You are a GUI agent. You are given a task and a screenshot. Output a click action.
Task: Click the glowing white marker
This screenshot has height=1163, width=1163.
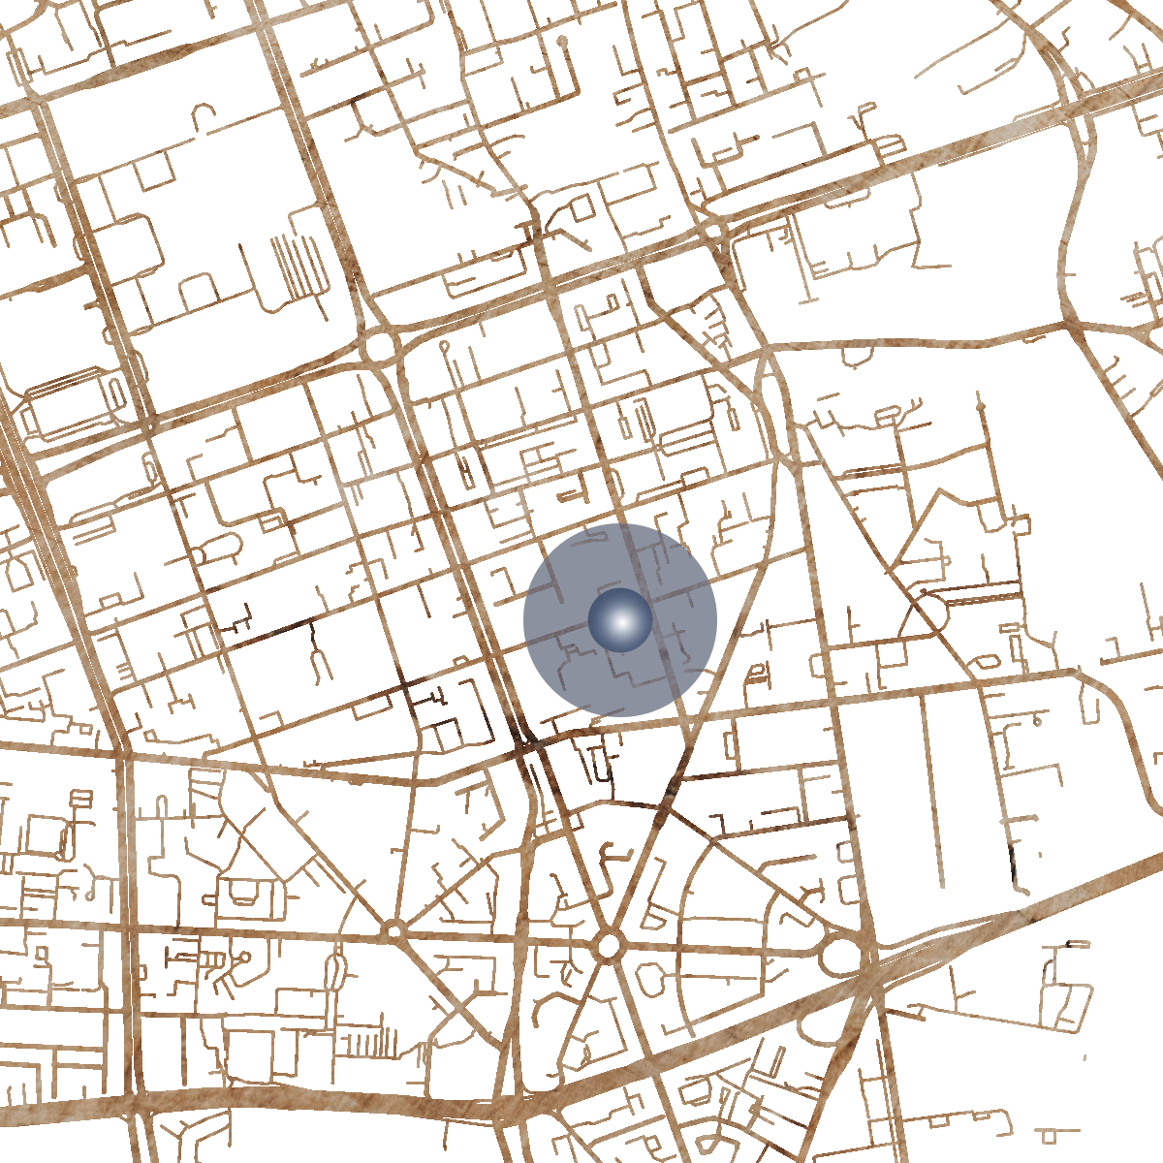620,620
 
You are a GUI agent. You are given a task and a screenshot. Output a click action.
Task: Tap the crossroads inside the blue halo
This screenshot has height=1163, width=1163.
647,602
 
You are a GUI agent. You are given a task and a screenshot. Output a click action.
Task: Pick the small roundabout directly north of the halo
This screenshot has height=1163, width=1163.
715,231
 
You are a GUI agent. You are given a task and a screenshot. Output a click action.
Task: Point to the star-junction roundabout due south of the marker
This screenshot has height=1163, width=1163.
609,944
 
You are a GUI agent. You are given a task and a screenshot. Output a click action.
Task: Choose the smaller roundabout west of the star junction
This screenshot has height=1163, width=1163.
393,930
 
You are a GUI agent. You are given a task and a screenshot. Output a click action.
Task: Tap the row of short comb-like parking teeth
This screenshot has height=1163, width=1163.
372,1043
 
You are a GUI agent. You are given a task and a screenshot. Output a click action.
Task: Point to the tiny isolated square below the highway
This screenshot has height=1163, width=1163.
1046,1135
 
